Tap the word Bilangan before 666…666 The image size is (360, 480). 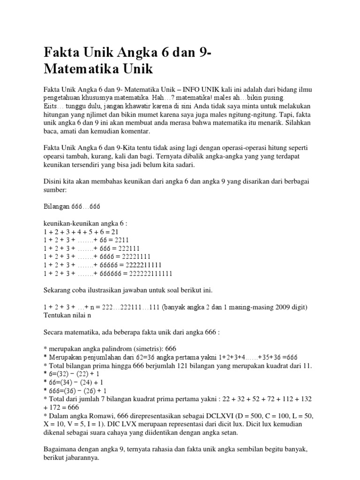[x=56, y=207]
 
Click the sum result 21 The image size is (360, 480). [x=121, y=232]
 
